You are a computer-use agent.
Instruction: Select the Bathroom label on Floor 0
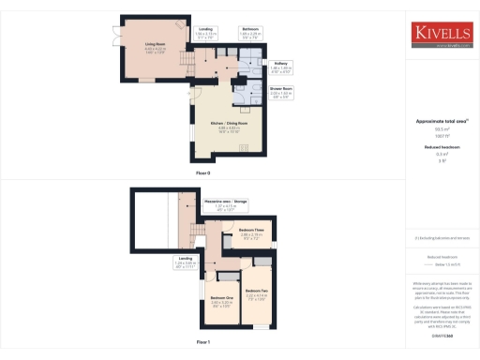tap(249, 30)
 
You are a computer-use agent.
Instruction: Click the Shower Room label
tap(280, 90)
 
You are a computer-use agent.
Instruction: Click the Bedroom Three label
tap(251, 230)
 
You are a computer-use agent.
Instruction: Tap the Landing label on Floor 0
tap(205, 30)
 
